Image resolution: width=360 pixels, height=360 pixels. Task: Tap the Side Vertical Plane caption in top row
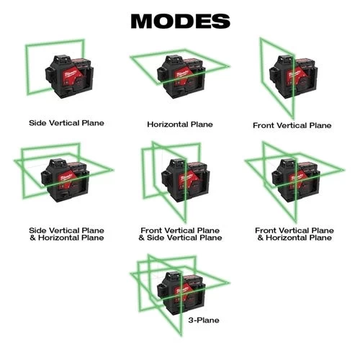click(x=66, y=123)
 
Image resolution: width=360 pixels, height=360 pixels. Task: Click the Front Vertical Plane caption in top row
click(x=292, y=125)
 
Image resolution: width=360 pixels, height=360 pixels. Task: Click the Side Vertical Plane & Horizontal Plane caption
click(x=66, y=234)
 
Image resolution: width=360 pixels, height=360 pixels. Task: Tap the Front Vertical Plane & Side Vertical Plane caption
click(x=180, y=234)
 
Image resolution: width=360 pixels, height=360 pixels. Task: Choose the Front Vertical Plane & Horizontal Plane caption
click(x=294, y=234)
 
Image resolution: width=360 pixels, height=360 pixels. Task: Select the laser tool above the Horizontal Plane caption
click(x=176, y=76)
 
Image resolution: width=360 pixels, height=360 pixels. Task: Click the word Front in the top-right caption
click(x=264, y=125)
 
